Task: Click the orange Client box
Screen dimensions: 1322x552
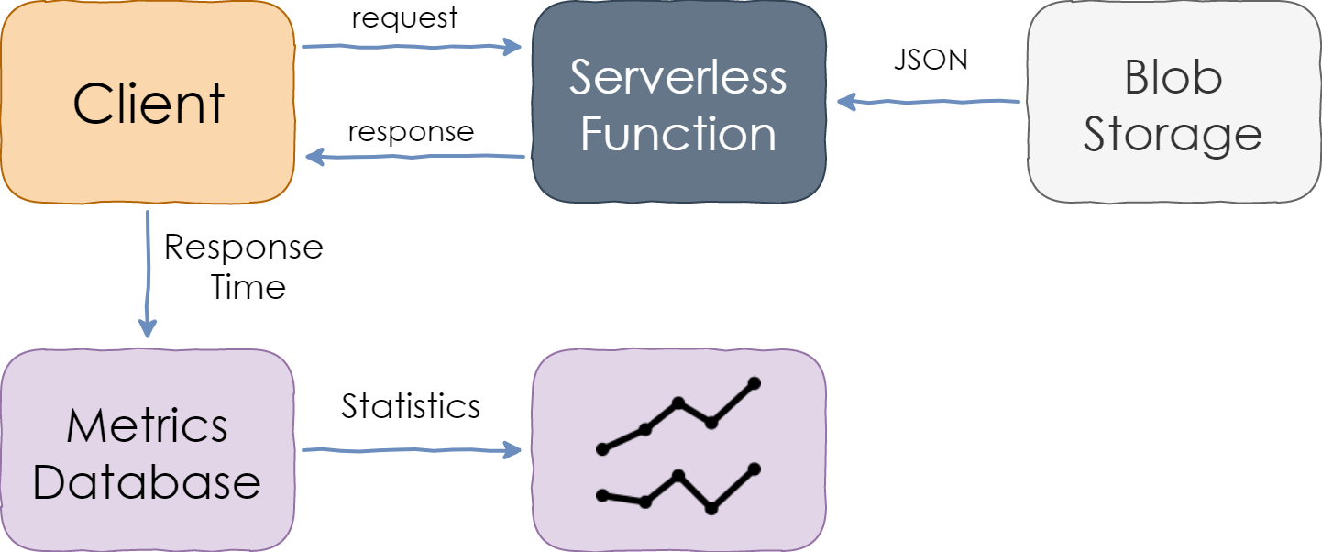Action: pyautogui.click(x=148, y=102)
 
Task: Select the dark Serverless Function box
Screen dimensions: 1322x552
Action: pyautogui.click(x=678, y=102)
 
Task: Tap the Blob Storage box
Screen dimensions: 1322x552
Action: pyautogui.click(x=1173, y=102)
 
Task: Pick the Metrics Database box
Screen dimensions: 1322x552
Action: pyautogui.click(x=148, y=450)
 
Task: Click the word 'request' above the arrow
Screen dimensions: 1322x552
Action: pyautogui.click(x=404, y=17)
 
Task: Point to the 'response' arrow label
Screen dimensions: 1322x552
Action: pyautogui.click(x=411, y=132)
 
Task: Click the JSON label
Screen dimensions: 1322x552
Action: pyautogui.click(x=931, y=60)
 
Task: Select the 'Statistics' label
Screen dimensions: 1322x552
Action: pyautogui.click(x=411, y=406)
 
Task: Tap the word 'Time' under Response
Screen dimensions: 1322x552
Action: pyautogui.click(x=248, y=288)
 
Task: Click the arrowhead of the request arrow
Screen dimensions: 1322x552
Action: pyautogui.click(x=512, y=47)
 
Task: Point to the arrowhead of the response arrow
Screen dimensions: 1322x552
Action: pyautogui.click(x=314, y=157)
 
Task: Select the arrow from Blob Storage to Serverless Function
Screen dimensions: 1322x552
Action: pyautogui.click(x=929, y=102)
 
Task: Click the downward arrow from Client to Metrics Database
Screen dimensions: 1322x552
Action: pyautogui.click(x=148, y=274)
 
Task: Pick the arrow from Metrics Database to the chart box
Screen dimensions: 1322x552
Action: pyautogui.click(x=412, y=450)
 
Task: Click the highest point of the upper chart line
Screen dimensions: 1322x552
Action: pyautogui.click(x=754, y=384)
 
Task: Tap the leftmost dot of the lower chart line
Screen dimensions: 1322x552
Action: pyautogui.click(x=602, y=495)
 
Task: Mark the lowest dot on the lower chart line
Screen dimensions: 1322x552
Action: pyautogui.click(x=711, y=508)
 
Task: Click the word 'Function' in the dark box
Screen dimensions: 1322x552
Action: pyautogui.click(x=678, y=134)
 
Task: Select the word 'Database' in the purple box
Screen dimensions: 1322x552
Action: pyautogui.click(x=147, y=483)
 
